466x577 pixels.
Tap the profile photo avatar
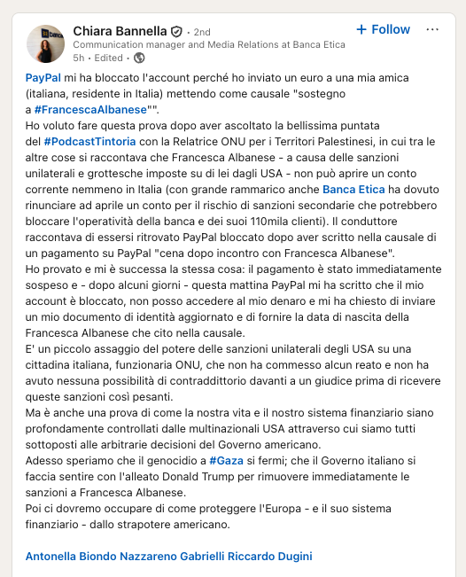45,43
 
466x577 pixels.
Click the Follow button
383,29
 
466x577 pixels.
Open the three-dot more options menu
432,29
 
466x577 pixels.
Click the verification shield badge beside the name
177,30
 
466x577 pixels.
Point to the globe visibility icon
138,58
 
